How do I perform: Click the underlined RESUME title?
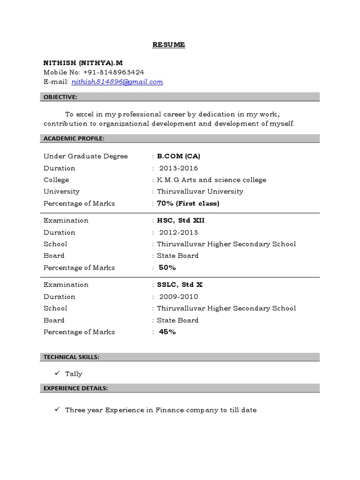169,45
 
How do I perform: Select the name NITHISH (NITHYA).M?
83,62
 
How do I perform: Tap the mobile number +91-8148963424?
113,72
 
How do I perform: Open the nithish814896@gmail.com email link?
117,82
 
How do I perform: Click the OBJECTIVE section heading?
60,97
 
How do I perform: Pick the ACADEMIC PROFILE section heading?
74,138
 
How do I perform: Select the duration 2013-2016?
179,168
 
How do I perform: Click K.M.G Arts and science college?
211,180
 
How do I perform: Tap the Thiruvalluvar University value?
200,191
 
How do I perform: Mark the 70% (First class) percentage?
188,203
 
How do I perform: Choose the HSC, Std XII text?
181,220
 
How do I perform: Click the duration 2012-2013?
179,232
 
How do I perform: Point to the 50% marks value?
167,268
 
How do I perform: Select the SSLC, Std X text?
180,285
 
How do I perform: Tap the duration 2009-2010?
179,297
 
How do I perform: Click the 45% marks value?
167,332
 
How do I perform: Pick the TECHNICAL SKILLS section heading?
71,357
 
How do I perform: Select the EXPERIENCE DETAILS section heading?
75,388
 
